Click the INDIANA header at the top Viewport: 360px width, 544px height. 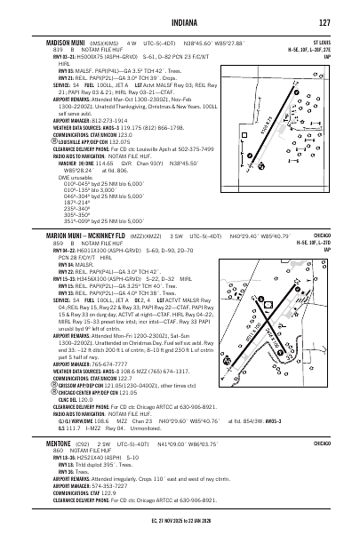180,22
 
